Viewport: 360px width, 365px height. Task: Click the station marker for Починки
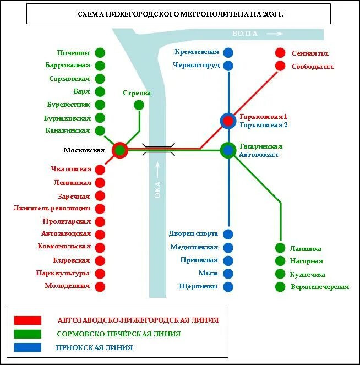point(100,53)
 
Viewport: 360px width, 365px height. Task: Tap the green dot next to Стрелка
point(139,105)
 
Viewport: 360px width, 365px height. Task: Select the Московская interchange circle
point(120,150)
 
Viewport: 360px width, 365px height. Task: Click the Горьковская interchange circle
point(228,121)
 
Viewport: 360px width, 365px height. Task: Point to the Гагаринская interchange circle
point(228,150)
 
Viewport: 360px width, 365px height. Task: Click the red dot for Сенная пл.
point(280,53)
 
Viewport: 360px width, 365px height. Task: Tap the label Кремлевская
point(197,52)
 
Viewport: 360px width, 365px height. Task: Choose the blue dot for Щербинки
point(228,286)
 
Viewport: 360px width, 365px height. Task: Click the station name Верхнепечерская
point(320,287)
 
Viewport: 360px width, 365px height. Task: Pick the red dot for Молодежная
point(100,286)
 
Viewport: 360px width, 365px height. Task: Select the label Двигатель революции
point(52,208)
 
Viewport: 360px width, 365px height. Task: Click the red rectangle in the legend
point(28,320)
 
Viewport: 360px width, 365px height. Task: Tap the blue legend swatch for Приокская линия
point(28,347)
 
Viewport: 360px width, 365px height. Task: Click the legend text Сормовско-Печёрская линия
point(118,334)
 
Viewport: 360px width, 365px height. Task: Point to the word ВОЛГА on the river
point(245,34)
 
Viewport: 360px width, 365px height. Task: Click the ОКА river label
point(157,190)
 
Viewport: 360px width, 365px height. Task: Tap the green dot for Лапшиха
point(280,248)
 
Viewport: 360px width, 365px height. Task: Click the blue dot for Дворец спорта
point(228,234)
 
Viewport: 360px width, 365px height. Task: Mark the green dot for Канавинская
point(100,130)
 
